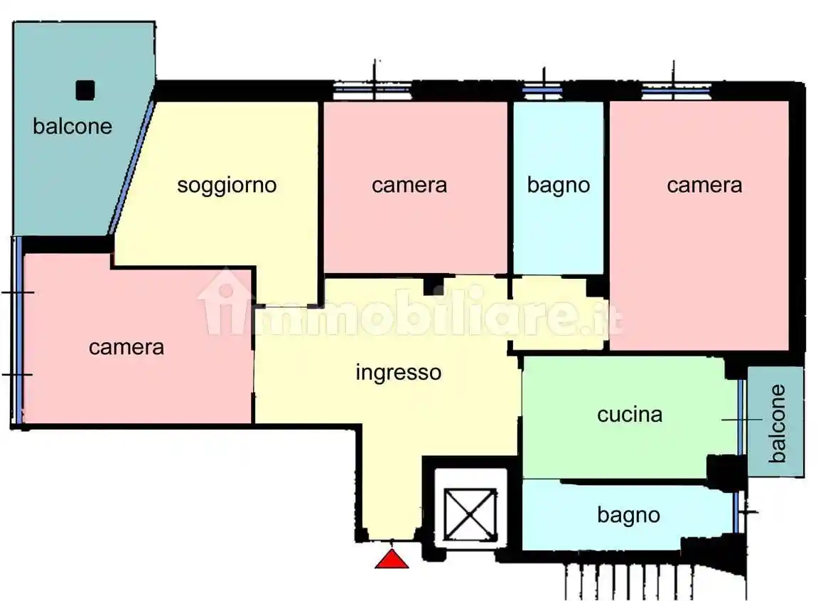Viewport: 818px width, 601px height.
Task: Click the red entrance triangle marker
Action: [392, 559]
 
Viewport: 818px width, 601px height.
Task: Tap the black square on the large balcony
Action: [85, 90]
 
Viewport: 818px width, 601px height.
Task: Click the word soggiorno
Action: [226, 185]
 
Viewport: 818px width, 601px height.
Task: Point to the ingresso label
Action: [398, 372]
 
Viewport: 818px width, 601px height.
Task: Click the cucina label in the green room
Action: [630, 414]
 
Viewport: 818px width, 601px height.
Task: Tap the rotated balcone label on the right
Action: [777, 422]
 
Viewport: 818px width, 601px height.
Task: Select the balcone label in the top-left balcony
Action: [72, 126]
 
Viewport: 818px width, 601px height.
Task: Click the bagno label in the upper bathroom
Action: [558, 185]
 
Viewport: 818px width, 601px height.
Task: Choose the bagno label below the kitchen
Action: [628, 514]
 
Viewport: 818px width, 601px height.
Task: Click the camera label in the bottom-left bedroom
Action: [127, 347]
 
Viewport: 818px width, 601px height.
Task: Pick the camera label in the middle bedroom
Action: [409, 185]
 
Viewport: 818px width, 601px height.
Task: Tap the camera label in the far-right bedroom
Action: [704, 185]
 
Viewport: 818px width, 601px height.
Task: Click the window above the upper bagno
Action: [543, 90]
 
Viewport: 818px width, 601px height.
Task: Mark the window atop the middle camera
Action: [372, 90]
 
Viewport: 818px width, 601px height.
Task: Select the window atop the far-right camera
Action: [676, 90]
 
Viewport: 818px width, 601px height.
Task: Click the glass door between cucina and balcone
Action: [741, 417]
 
